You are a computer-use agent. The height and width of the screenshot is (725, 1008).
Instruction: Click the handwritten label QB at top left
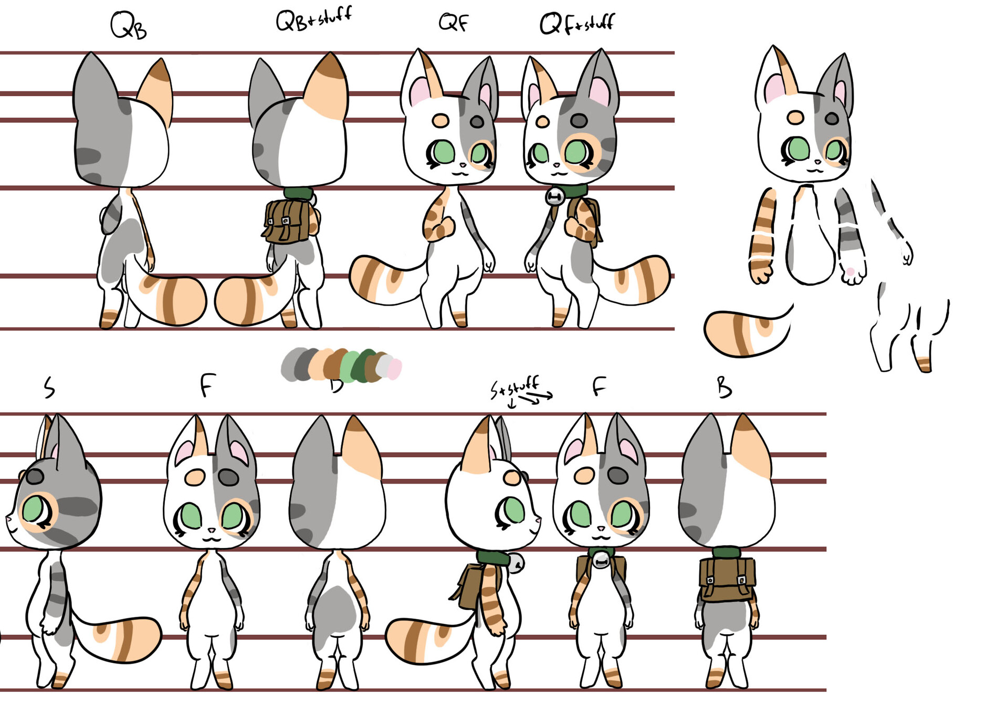128,26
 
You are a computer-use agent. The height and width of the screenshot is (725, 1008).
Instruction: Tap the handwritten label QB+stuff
313,19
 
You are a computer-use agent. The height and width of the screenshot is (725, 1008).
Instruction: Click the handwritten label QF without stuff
454,23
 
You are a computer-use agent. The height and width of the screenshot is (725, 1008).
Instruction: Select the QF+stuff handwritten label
576,24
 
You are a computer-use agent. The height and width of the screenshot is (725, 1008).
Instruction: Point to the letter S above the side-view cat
49,387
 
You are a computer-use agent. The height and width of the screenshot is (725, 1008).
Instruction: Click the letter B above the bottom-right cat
724,387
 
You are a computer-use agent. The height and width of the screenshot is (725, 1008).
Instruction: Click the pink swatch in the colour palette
395,369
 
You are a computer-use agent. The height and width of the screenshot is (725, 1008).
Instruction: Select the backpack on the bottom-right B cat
727,579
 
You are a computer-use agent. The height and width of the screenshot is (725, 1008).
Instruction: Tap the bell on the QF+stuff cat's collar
554,196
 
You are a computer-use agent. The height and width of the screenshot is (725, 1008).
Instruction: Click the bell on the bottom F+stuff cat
601,561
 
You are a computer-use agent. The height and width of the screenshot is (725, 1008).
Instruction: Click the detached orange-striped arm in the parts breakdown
762,236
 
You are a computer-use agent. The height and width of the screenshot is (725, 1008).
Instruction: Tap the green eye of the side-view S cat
33,509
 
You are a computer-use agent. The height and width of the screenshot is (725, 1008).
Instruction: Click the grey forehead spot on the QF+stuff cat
579,120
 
